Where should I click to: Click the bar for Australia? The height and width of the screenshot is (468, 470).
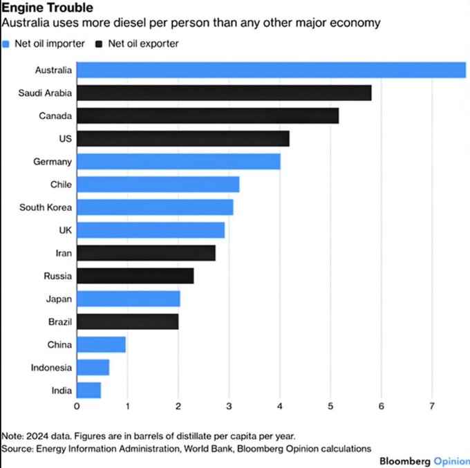[x=270, y=70]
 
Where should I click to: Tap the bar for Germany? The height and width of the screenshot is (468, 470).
[x=178, y=162]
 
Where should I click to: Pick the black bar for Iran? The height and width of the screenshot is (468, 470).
[x=145, y=253]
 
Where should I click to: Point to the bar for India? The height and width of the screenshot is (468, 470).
[x=88, y=391]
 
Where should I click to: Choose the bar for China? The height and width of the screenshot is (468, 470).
[x=101, y=344]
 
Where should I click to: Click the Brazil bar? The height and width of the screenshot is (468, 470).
[x=127, y=321]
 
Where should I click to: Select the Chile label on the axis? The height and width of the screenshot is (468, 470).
[x=61, y=185]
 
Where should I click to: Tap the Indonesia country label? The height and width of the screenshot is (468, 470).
[x=51, y=368]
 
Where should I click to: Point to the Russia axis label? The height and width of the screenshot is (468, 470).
[x=58, y=276]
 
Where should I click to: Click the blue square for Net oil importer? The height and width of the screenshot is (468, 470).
[x=6, y=44]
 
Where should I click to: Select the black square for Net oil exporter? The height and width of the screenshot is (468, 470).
[x=100, y=44]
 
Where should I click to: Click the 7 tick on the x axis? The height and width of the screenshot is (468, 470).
[x=432, y=406]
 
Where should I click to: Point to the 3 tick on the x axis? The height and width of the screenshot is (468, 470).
[x=229, y=406]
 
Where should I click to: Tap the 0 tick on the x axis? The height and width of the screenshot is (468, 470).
[x=77, y=406]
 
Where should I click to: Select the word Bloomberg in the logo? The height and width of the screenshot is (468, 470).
[x=405, y=460]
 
